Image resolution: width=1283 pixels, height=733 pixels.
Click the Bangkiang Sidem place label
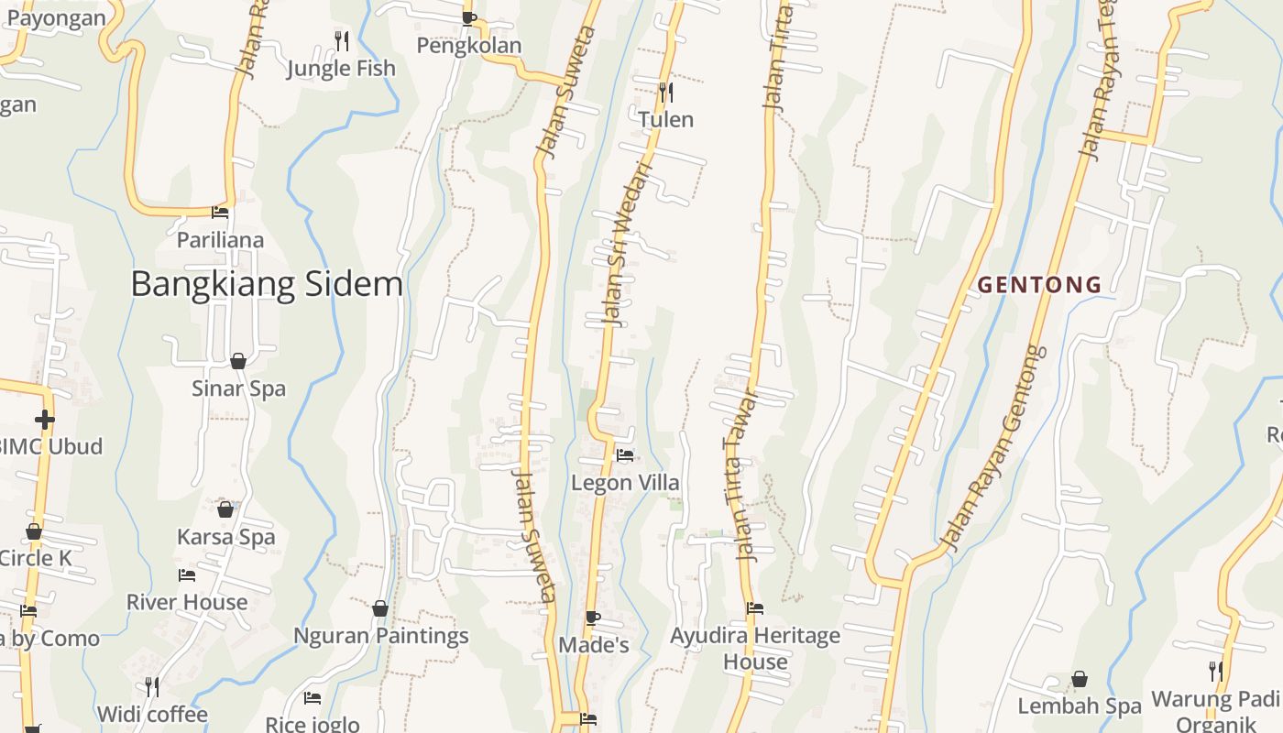[x=267, y=284]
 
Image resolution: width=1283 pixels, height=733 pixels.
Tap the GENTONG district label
[x=1039, y=285]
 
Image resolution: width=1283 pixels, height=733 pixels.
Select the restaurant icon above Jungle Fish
[x=341, y=40]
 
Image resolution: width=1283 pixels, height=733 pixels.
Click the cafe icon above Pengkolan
[x=469, y=17]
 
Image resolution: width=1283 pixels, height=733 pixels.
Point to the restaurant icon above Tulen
[x=666, y=92]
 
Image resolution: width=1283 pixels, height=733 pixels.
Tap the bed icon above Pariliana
[x=220, y=212]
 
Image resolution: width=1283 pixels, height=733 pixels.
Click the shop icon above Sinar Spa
[x=238, y=361]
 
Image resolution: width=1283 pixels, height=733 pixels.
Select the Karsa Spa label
[x=225, y=537]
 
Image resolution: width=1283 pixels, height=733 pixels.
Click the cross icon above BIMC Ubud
[x=44, y=420]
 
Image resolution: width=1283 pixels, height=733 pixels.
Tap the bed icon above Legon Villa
[x=625, y=454]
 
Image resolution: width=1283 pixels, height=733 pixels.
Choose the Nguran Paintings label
[x=380, y=636]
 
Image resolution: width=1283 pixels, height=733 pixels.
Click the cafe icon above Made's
[x=593, y=618]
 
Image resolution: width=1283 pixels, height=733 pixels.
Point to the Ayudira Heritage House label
[x=754, y=648]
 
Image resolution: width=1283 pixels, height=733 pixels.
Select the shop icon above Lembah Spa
[x=1080, y=679]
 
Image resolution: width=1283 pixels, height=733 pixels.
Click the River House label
[x=187, y=602]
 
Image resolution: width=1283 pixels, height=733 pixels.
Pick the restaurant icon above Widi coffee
[x=152, y=686]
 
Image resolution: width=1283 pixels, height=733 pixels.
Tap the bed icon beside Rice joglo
[x=313, y=697]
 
